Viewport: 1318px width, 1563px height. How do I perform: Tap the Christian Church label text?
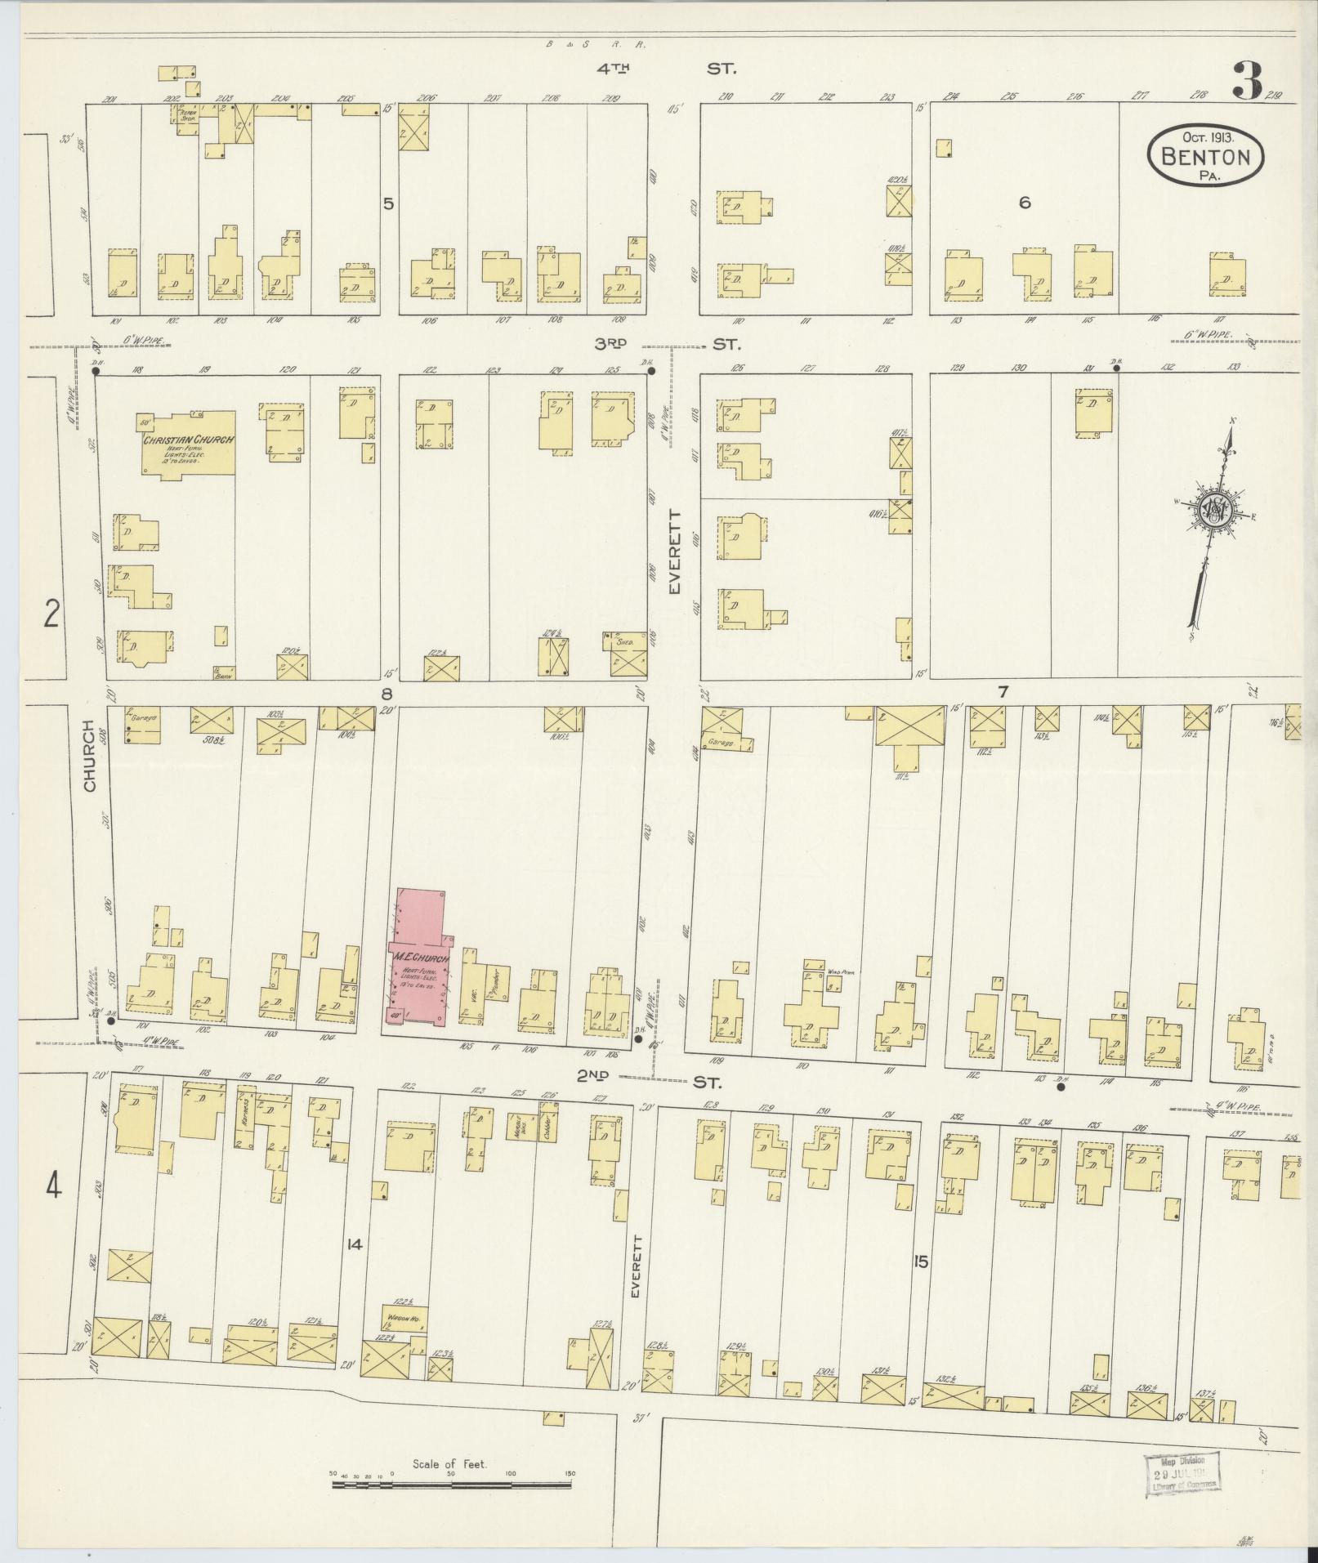pos(189,440)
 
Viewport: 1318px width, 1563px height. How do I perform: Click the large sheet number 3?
pos(1247,82)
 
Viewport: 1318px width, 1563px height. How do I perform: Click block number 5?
pos(389,203)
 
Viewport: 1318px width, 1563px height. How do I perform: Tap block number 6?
pos(1025,203)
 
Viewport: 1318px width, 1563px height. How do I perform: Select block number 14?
pos(353,1244)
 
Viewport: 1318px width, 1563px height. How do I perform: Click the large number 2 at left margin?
pos(51,613)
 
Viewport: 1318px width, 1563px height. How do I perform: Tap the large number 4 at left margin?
pos(53,1186)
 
